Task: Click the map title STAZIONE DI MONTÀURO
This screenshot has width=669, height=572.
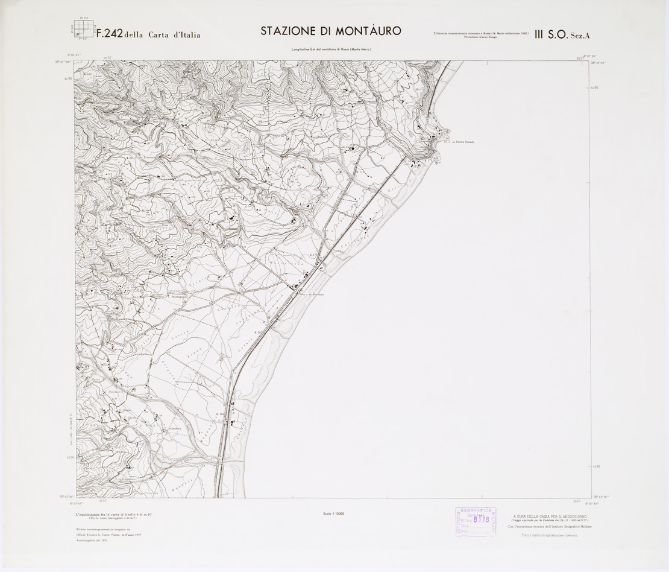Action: coord(330,31)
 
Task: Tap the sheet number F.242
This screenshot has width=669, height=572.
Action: coord(105,34)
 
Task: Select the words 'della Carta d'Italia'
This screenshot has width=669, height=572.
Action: coord(162,34)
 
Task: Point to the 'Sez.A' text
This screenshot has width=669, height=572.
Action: coord(581,36)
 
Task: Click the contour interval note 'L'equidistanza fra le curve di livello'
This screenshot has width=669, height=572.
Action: coord(113,513)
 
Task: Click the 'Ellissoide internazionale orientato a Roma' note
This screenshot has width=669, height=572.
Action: coord(480,33)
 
